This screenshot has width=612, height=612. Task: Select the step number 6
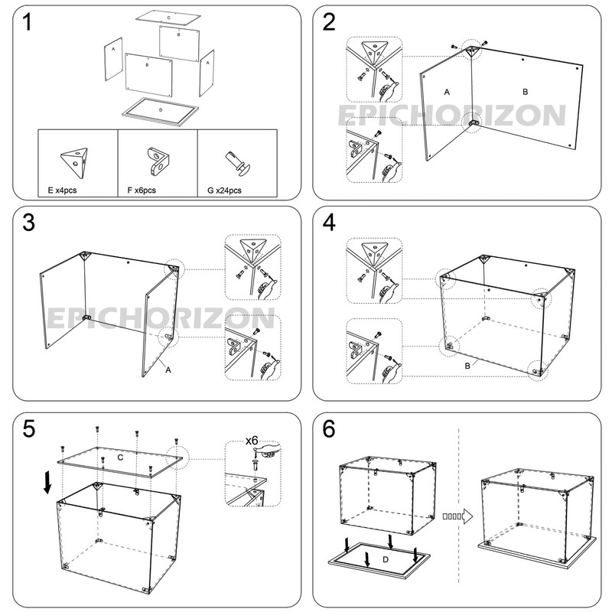point(330,430)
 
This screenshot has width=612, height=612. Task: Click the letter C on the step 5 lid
point(120,457)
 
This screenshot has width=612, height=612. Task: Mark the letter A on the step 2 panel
point(447,91)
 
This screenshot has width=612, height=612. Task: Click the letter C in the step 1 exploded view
point(168,16)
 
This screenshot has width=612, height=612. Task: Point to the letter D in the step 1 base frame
point(160,110)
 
